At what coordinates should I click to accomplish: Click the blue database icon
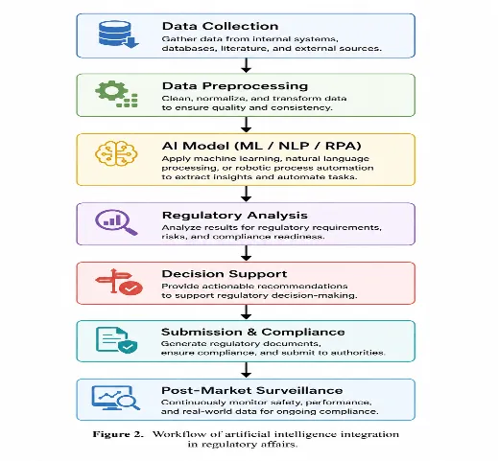tap(118, 35)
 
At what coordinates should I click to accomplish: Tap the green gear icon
tap(116, 94)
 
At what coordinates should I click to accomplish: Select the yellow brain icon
tap(116, 153)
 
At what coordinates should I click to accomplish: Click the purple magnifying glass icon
tap(116, 222)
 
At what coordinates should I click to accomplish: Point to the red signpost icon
tap(119, 282)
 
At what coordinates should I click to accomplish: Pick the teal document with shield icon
tap(117, 340)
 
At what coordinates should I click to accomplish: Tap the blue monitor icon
tap(116, 398)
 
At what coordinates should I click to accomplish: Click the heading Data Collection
tap(220, 26)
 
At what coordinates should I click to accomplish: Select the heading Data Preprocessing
tap(235, 86)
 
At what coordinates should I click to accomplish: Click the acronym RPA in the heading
tap(343, 146)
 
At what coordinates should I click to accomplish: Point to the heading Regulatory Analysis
tap(235, 216)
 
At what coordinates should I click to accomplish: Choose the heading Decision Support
tap(225, 274)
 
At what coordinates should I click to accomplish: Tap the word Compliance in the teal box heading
tap(303, 333)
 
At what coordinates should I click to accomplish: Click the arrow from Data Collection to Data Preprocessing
tap(246, 65)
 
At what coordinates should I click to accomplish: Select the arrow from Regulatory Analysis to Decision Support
tap(246, 253)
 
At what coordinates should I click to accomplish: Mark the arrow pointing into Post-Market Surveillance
tap(246, 370)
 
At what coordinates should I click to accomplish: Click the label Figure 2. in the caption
tap(118, 434)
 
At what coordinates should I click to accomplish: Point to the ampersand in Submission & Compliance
tap(251, 333)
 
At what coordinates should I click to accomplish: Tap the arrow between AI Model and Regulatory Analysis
tap(246, 194)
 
